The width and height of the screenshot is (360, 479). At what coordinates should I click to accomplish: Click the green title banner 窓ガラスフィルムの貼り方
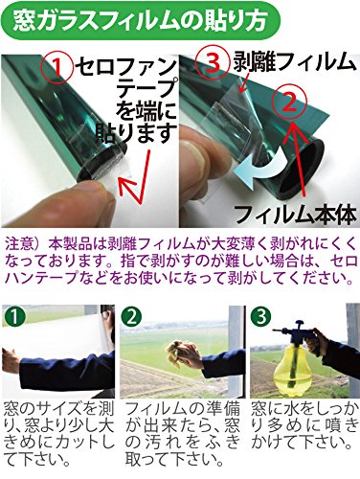coord(141,21)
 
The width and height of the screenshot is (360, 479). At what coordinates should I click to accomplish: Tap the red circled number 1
coord(57,68)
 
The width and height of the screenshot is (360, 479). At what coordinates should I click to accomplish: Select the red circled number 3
coord(214,63)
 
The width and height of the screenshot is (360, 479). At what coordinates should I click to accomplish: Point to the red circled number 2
coord(289,103)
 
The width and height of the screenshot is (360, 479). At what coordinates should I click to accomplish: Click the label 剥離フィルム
coord(294,62)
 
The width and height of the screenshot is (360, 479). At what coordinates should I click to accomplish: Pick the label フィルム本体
coord(295,215)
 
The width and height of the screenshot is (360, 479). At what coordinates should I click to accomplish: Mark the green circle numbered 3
coord(261,316)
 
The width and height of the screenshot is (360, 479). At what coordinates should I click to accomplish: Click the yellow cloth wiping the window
coord(180,352)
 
